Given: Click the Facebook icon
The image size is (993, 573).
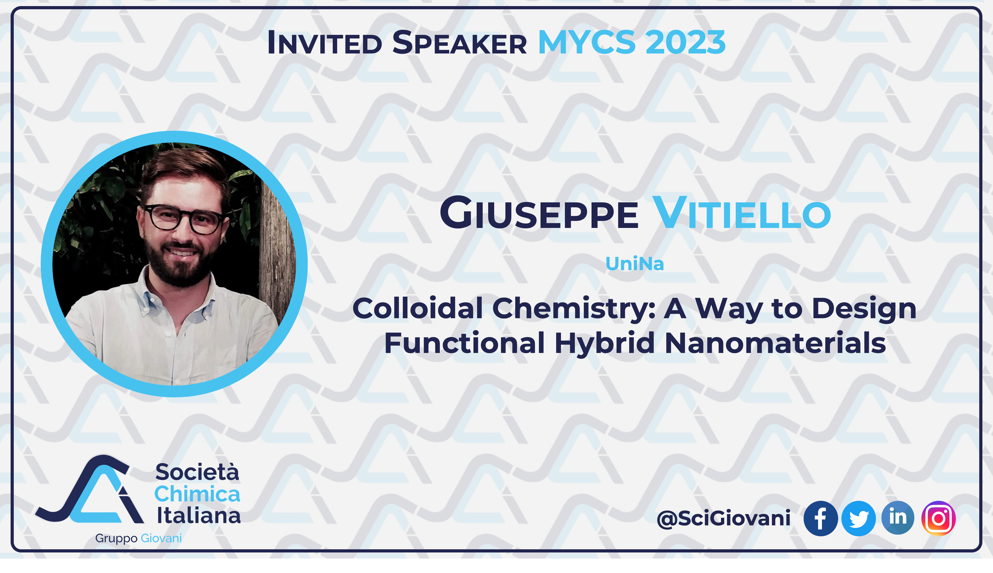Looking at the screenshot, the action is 820,518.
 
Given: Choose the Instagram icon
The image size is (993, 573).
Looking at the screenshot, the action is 938,518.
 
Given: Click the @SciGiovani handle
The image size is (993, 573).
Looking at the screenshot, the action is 724,518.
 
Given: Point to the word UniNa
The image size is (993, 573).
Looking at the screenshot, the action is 635,264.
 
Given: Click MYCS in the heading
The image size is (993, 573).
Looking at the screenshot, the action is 587,42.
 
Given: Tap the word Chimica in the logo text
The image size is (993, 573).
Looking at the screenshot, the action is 197,494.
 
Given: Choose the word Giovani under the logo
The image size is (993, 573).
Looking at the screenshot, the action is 161,538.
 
